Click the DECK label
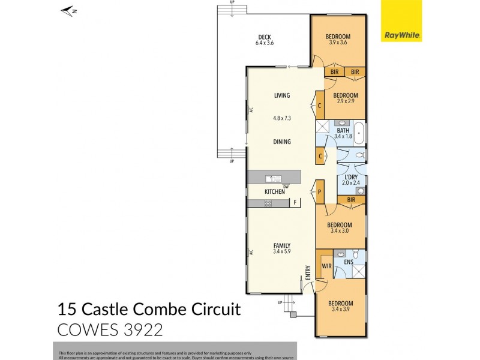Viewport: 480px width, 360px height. tap(265, 36)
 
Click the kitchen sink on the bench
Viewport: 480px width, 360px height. tap(274, 178)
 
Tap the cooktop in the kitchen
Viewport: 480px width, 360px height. tap(268, 203)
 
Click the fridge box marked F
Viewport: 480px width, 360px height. tap(295, 203)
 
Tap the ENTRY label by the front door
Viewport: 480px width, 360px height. tap(308, 272)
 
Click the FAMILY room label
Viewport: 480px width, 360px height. tap(282, 245)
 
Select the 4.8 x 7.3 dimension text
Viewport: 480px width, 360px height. tap(282, 118)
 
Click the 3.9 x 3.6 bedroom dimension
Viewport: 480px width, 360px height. tap(339, 43)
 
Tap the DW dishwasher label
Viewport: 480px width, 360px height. tap(286, 185)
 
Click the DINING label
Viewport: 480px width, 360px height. tap(282, 142)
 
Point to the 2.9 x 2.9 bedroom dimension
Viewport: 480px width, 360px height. tap(346, 101)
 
